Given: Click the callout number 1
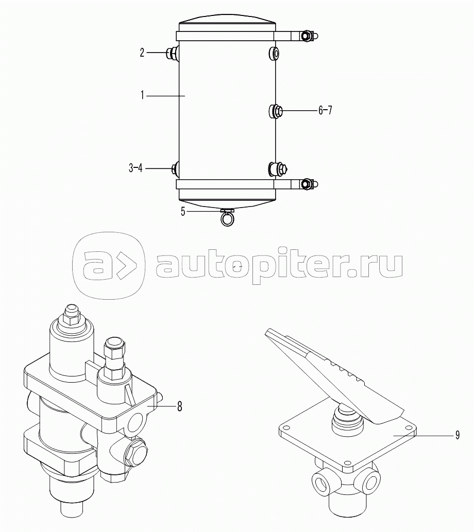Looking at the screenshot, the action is [x=143, y=96].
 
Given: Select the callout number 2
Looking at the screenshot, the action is [x=142, y=53].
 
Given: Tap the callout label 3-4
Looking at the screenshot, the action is [x=135, y=167].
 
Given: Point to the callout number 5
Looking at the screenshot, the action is [x=183, y=212].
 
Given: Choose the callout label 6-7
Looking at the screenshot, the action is [x=325, y=110].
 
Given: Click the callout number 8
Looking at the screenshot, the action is [x=180, y=406].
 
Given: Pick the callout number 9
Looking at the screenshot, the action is [x=458, y=435].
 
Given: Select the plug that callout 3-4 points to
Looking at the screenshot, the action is [x=176, y=168].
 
